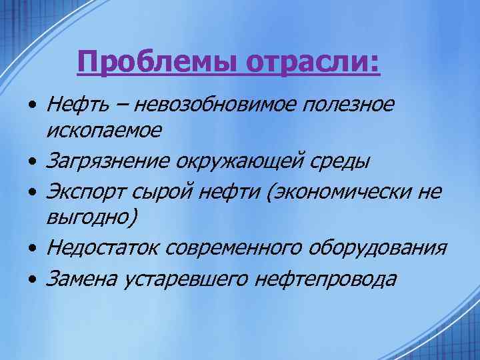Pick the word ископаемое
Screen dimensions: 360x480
click(103, 131)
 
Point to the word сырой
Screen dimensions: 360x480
click(163, 191)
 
